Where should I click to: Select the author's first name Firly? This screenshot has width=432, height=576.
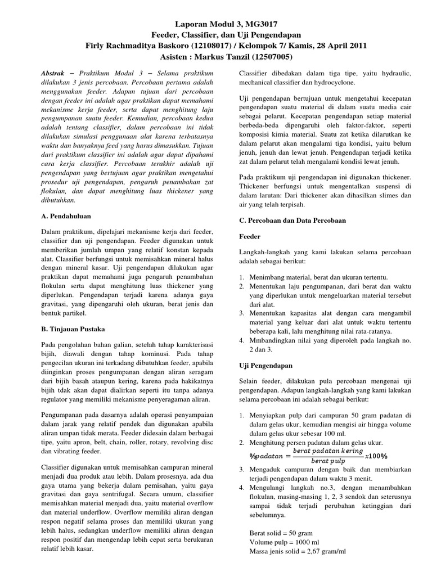pyautogui.click(x=97, y=46)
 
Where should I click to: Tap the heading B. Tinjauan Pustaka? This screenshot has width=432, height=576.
pyautogui.click(x=74, y=328)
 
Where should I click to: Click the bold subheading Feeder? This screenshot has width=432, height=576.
pyautogui.click(x=250, y=237)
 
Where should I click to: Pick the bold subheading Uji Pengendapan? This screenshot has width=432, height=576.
pyautogui.click(x=266, y=365)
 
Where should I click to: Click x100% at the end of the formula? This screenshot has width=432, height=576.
pyautogui.click(x=382, y=455)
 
